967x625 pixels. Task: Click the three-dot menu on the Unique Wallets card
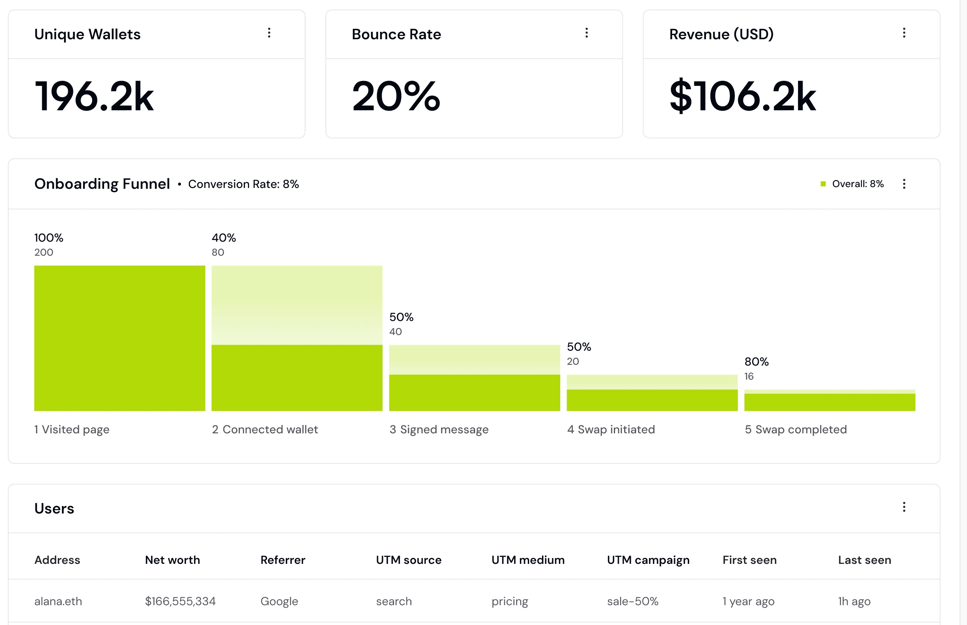tap(269, 33)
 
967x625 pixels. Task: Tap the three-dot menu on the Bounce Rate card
tap(587, 33)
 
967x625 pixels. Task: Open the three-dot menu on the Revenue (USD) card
tap(904, 33)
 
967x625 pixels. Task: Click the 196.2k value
tap(94, 97)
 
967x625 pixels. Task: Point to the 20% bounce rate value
tap(396, 97)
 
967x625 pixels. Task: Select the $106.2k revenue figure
tap(743, 97)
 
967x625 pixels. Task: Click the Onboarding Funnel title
tap(102, 184)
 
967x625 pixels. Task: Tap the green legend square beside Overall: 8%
tap(823, 184)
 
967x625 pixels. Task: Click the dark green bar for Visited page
tap(120, 338)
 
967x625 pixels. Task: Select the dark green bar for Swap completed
tap(830, 402)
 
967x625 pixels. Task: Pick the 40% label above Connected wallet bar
tap(224, 238)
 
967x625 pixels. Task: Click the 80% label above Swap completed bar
tap(757, 362)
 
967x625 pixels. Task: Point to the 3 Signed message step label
tap(439, 430)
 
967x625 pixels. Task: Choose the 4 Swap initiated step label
tap(611, 430)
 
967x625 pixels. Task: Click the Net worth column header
tap(172, 560)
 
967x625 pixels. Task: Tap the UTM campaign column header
tap(649, 560)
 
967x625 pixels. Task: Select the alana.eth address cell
tap(58, 601)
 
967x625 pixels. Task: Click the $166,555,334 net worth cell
tap(180, 601)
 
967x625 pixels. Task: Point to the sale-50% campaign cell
tap(633, 601)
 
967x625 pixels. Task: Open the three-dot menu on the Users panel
tap(904, 507)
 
